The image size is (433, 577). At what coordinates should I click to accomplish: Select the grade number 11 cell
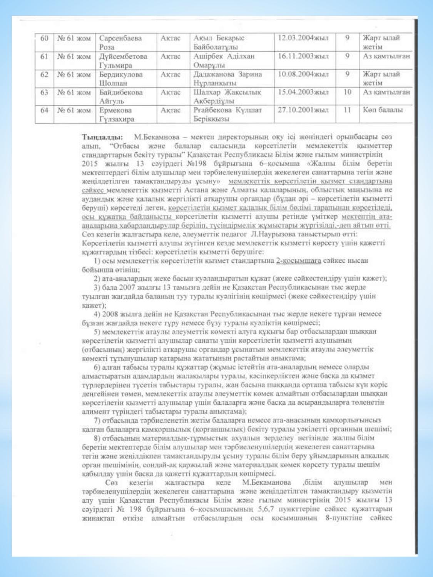[347, 110]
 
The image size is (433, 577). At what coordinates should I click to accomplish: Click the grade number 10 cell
[347, 92]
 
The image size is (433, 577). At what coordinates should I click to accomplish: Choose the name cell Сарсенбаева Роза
[120, 42]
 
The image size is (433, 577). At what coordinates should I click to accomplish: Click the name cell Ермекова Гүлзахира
[117, 115]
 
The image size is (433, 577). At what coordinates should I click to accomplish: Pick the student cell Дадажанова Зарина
[227, 78]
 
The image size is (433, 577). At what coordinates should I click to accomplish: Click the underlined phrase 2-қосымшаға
[299, 260]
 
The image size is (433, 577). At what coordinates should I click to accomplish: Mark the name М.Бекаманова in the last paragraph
[266, 482]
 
